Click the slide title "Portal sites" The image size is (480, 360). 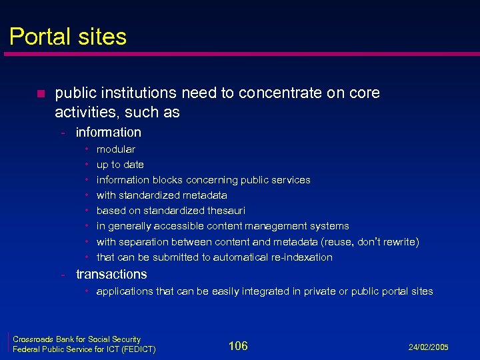68,36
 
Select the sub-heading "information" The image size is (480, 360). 109,132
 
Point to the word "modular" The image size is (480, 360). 116,149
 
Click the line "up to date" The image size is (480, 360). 120,165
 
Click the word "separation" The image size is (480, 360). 145,242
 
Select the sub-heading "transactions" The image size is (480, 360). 111,274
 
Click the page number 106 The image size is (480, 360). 238,345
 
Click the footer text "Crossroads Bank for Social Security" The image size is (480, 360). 77,339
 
